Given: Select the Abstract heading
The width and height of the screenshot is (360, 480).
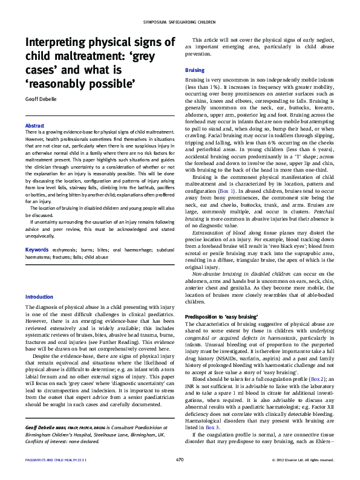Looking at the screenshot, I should coord(34,125).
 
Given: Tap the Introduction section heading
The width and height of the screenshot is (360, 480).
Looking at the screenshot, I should coord(39,297).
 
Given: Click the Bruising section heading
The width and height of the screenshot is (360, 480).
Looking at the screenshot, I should coord(194,71).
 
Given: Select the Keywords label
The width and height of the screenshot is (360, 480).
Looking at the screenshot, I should coord(37,250).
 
